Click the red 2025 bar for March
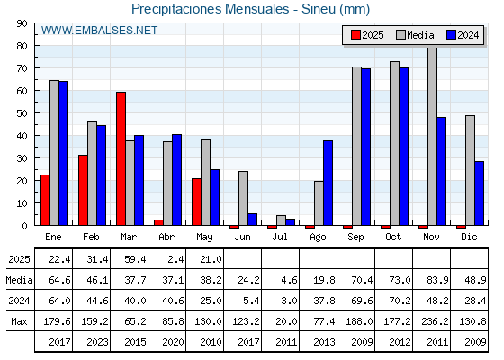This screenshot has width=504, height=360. [121, 158]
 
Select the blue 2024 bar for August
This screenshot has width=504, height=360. [328, 183]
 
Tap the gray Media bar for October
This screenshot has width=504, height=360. [395, 143]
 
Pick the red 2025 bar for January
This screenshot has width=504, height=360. [45, 200]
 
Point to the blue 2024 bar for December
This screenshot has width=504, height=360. [479, 193]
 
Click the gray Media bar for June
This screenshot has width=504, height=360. [243, 198]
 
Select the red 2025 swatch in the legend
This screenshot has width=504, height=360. [355, 35]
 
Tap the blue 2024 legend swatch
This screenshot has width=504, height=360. [451, 35]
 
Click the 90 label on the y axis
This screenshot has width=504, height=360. [22, 23]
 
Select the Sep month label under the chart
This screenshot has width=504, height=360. [355, 238]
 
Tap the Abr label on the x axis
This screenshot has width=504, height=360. [166, 237]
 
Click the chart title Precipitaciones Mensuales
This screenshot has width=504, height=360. [211, 9]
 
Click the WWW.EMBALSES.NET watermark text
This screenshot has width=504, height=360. [99, 31]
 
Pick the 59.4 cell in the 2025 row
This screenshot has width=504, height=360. [135, 259]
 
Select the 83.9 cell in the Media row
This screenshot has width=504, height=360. [437, 280]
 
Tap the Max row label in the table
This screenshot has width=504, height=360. [19, 321]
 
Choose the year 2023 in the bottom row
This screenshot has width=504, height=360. [97, 342]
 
